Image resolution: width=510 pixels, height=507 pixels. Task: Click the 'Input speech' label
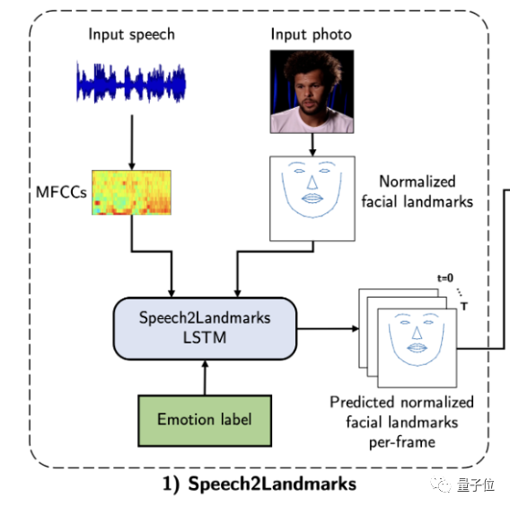[x=131, y=35]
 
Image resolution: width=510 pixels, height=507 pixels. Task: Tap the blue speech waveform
[x=131, y=83]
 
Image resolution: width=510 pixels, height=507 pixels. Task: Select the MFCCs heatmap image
[x=131, y=192]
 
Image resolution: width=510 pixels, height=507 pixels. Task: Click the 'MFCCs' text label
[x=61, y=192]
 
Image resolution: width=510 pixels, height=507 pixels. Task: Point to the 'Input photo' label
[x=312, y=35]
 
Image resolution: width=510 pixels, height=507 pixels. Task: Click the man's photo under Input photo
[x=312, y=92]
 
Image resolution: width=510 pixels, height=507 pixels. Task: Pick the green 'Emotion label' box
[x=205, y=421]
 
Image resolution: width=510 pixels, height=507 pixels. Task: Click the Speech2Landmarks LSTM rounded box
[x=205, y=328]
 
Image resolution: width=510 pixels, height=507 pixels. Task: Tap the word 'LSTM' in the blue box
[x=205, y=338]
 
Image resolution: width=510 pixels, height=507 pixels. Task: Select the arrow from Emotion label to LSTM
[x=205, y=378]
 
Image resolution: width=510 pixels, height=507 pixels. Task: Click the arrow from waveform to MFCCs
[x=132, y=142]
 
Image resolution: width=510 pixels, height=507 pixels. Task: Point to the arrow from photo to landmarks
[x=312, y=145]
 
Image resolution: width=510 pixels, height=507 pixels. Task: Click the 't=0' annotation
[x=445, y=278]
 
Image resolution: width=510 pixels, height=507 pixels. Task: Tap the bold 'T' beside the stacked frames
[x=464, y=307]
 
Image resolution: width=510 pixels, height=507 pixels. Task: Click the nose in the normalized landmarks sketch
[x=312, y=182]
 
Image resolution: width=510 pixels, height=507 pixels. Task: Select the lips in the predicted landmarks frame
[x=417, y=348]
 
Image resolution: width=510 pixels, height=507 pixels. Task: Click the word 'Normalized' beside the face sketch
[x=418, y=182]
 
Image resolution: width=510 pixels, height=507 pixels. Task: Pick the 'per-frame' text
[x=402, y=442]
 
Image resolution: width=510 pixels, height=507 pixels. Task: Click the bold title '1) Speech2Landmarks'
[x=259, y=484]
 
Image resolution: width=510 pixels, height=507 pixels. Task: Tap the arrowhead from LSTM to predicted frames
[x=356, y=328]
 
